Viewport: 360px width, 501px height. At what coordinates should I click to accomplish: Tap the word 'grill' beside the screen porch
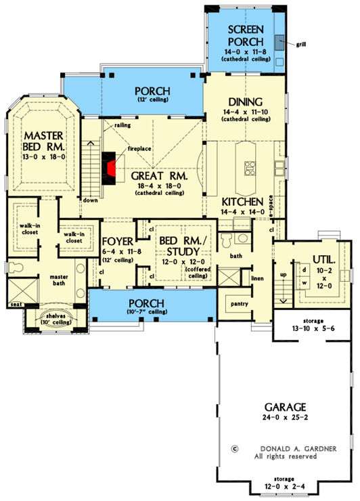click(x=301, y=45)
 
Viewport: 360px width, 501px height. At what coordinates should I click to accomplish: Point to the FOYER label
click(x=116, y=242)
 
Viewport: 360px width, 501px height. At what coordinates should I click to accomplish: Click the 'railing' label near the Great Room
click(x=122, y=125)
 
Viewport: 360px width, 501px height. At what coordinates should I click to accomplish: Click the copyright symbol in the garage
click(x=235, y=448)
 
